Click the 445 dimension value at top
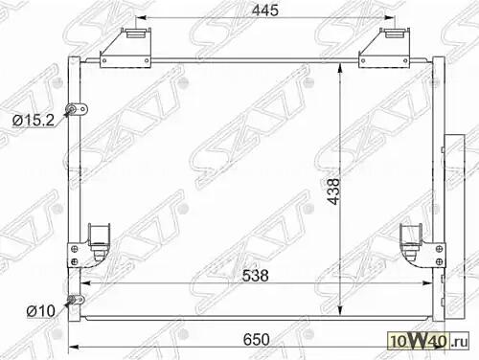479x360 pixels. (x=264, y=11)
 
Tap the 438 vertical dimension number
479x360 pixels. (x=334, y=191)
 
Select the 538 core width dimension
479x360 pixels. (x=255, y=276)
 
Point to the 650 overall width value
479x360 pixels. (x=257, y=340)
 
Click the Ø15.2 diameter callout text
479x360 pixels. (x=34, y=121)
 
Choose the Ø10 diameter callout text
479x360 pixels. (x=41, y=311)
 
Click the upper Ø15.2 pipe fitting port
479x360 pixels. (x=77, y=109)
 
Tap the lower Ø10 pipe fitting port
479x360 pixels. (x=76, y=300)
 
